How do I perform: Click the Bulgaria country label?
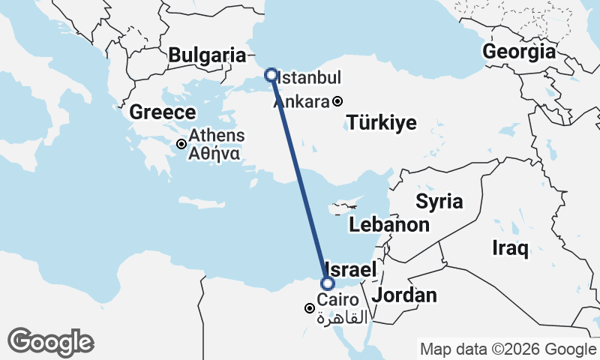pyautogui.click(x=207, y=55)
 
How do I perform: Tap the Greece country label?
pyautogui.click(x=163, y=112)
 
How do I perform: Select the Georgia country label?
pyautogui.click(x=520, y=52)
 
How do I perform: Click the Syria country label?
pyautogui.click(x=439, y=201)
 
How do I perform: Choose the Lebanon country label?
pyautogui.click(x=389, y=225)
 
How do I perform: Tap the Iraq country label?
pyautogui.click(x=511, y=247)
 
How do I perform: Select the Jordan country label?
pyautogui.click(x=405, y=295)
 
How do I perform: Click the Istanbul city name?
pyautogui.click(x=310, y=77)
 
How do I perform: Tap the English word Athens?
pyautogui.click(x=217, y=136)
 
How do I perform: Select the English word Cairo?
pyautogui.click(x=331, y=301)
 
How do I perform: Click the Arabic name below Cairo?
pyautogui.click(x=343, y=317)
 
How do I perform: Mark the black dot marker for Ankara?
pyautogui.click(x=338, y=101)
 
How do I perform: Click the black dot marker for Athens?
pyautogui.click(x=181, y=143)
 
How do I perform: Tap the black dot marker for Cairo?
pyautogui.click(x=309, y=308)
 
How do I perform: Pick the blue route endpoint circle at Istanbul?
pyautogui.click(x=271, y=75)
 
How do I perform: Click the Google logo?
pyautogui.click(x=50, y=342)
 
